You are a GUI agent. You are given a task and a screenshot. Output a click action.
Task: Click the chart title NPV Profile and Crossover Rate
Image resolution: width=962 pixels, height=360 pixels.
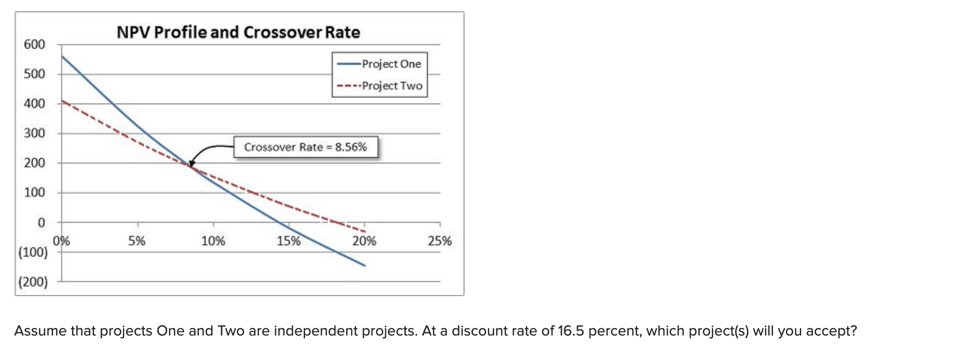pyautogui.click(x=238, y=32)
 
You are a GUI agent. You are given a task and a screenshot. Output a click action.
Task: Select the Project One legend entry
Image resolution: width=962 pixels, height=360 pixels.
pyautogui.click(x=391, y=64)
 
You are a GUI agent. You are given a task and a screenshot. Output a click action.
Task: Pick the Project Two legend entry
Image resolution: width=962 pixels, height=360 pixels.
pyautogui.click(x=392, y=86)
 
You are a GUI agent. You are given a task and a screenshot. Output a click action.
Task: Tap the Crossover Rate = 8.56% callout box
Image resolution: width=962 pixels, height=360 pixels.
pyautogui.click(x=306, y=147)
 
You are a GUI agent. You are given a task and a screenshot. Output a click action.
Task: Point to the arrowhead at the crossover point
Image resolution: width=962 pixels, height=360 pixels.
pyautogui.click(x=191, y=164)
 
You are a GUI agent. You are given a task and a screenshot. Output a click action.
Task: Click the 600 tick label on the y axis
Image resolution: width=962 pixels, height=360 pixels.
pyautogui.click(x=34, y=45)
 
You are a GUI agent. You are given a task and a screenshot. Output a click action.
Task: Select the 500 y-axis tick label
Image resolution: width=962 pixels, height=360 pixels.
pyautogui.click(x=34, y=74)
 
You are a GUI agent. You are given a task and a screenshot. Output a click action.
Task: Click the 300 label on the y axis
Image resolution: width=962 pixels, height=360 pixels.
pyautogui.click(x=34, y=133)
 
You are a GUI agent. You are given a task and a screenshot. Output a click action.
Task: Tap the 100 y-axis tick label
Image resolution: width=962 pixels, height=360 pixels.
pyautogui.click(x=34, y=193)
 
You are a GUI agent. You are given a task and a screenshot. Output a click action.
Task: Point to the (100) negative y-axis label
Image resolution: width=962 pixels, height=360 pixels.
pyautogui.click(x=33, y=252)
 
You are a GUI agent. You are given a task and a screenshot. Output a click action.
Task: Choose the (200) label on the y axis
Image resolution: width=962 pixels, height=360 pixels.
pyautogui.click(x=33, y=282)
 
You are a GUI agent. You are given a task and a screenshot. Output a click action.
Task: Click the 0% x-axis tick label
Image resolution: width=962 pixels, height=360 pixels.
pyautogui.click(x=61, y=242)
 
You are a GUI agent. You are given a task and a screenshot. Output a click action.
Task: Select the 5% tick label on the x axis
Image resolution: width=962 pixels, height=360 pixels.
pyautogui.click(x=137, y=242)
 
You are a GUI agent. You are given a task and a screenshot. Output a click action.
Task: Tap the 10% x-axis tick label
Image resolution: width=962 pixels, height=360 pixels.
pyautogui.click(x=213, y=242)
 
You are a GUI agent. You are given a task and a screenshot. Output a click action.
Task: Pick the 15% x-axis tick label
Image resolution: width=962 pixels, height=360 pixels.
pyautogui.click(x=289, y=242)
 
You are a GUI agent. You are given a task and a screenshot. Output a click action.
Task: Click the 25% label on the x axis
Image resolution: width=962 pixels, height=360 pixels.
pyautogui.click(x=440, y=242)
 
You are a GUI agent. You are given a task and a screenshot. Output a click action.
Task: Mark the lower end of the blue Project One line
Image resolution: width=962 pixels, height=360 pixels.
pyautogui.click(x=364, y=266)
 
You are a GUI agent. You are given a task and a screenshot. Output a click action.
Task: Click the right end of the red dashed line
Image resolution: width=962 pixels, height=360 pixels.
pyautogui.click(x=364, y=231)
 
